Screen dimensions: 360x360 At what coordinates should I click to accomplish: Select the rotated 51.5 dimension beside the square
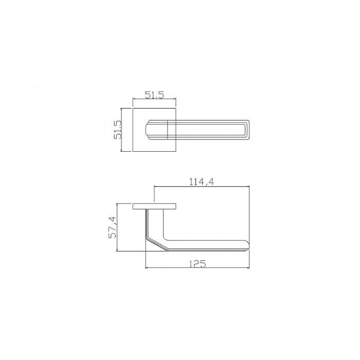[x=117, y=130]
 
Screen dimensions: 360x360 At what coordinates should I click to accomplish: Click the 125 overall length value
[x=197, y=264]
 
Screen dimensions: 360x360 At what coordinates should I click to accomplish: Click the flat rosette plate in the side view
[x=155, y=206]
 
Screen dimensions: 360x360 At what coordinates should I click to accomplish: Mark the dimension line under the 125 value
[x=197, y=269]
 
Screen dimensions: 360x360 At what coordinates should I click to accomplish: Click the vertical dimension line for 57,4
[x=118, y=227]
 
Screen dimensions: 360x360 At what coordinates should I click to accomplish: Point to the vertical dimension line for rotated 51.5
[x=122, y=130]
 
